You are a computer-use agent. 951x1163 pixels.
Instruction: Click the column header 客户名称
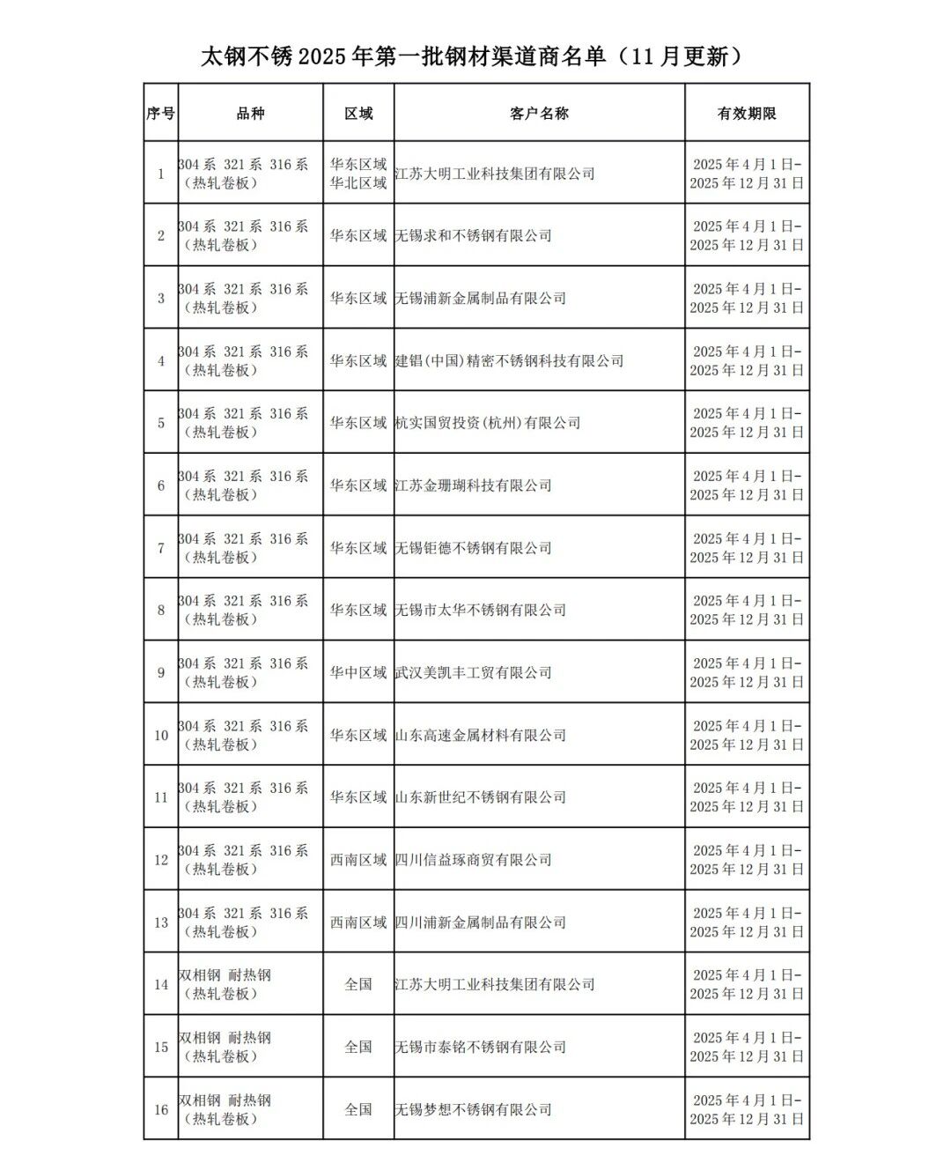click(x=539, y=114)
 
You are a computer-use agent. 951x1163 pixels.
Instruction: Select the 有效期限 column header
click(x=747, y=114)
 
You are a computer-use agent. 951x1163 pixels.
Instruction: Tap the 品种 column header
click(x=250, y=114)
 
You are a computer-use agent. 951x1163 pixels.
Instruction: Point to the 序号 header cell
click(x=160, y=114)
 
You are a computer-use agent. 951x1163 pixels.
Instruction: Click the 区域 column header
click(x=358, y=114)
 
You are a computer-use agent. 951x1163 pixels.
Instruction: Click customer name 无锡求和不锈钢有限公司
click(x=474, y=236)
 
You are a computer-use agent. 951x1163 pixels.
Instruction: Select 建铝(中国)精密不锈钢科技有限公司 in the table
click(x=509, y=361)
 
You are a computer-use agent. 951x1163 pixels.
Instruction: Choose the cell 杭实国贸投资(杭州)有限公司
click(x=488, y=423)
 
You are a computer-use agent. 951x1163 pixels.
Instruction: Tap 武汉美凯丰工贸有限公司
click(x=474, y=673)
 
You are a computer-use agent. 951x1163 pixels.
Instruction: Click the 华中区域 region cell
click(x=358, y=673)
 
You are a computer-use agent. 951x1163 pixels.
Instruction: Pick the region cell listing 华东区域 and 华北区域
click(x=358, y=174)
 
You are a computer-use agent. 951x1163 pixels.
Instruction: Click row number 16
click(x=161, y=1110)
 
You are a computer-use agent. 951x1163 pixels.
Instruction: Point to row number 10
click(x=161, y=736)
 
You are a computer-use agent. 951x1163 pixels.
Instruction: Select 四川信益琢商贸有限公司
click(x=474, y=860)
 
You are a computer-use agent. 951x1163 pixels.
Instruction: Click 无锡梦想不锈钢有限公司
click(x=474, y=1110)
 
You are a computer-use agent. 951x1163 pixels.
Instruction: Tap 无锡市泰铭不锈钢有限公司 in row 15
click(x=481, y=1048)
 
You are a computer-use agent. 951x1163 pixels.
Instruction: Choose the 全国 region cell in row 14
click(x=358, y=985)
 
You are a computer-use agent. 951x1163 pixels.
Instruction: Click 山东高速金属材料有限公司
click(x=481, y=736)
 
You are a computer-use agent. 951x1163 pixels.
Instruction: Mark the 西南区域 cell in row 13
click(x=358, y=922)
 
